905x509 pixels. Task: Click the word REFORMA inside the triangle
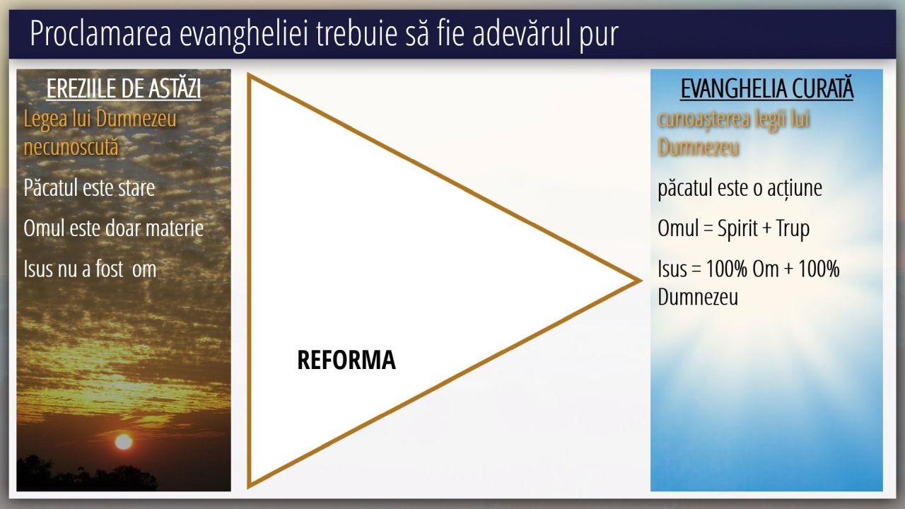(x=346, y=360)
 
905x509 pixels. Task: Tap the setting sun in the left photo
(x=124, y=442)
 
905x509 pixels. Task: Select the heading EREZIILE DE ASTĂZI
(x=124, y=88)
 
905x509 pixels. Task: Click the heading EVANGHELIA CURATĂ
(x=767, y=88)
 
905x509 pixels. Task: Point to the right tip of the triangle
(x=641, y=281)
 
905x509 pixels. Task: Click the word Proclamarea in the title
(x=100, y=33)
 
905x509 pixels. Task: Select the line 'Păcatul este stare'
(x=89, y=188)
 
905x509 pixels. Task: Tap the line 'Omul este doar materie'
(x=114, y=228)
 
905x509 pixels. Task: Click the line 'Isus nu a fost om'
(x=90, y=269)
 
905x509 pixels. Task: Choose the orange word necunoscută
(x=71, y=146)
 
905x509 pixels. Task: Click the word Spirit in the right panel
(x=737, y=228)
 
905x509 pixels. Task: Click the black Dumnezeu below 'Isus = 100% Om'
(x=698, y=297)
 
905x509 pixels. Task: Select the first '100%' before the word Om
(x=726, y=269)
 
